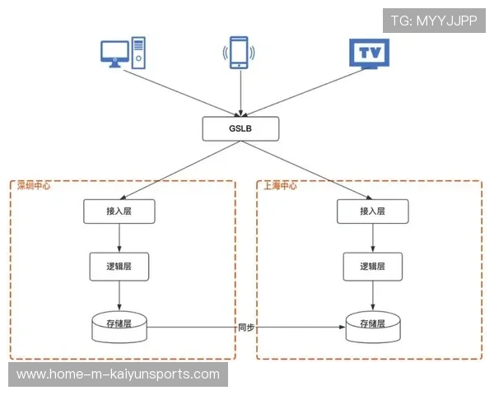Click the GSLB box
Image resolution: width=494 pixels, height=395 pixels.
coord(240,128)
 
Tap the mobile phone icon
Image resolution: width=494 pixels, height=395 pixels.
coord(239,53)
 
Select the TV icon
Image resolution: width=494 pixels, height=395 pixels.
coord(369,53)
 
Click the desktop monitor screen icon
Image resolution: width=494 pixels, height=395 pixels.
coord(114,53)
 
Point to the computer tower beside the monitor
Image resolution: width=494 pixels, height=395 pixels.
coord(138,53)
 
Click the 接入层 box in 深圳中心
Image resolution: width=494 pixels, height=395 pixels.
coord(119,211)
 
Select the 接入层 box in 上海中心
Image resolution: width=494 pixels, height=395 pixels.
coord(373,211)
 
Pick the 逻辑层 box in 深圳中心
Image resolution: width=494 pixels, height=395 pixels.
coord(119,267)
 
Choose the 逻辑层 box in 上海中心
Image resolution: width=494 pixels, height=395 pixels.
coord(373,267)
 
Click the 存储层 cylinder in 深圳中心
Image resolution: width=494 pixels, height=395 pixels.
coord(119,328)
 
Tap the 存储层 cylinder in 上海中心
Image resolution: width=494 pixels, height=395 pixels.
coord(373,328)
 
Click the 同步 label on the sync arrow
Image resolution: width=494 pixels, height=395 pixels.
coord(246,328)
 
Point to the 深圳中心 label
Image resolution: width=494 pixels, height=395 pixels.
coord(34,186)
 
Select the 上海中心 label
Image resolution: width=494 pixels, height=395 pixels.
coord(280,186)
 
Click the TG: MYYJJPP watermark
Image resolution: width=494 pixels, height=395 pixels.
coord(434,21)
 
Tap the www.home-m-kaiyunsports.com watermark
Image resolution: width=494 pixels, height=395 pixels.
coord(118,374)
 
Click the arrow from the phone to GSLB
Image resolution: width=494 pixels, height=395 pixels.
coord(240,93)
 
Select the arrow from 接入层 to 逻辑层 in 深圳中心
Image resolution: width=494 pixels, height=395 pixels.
coord(119,238)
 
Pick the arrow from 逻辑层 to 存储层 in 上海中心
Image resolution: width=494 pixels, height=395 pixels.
coord(373,295)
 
